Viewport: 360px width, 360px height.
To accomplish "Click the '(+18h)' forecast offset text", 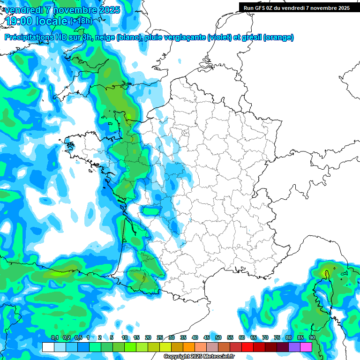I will click(81, 21).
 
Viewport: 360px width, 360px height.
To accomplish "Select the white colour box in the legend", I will click(48, 347).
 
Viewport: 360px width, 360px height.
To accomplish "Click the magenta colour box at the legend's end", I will click(306, 347).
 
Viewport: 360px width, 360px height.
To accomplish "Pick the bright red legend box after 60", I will click(247, 347).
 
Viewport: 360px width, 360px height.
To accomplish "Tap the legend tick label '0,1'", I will click(54, 338).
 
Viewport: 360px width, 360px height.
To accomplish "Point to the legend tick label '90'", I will click(312, 338).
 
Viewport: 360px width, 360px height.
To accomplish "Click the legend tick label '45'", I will click(207, 338).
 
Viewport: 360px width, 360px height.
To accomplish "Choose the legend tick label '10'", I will click(125, 338).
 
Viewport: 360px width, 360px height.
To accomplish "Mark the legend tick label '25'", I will click(160, 338).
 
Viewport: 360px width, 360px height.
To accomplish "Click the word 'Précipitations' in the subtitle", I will click(28, 37).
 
